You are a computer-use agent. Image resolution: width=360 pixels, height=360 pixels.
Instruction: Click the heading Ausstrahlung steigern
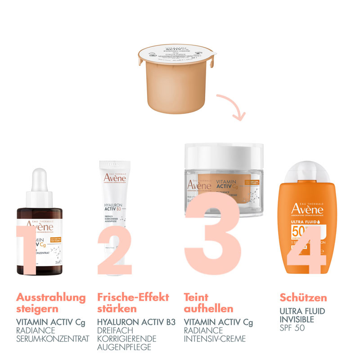(x=50, y=303)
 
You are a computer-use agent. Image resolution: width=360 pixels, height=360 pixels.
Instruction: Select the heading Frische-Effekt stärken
(x=133, y=303)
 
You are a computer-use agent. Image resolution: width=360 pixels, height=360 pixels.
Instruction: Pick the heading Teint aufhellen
(x=208, y=303)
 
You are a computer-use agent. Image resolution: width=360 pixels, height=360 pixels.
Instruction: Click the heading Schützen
(x=303, y=297)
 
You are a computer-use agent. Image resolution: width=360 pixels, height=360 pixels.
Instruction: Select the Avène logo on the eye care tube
(x=115, y=177)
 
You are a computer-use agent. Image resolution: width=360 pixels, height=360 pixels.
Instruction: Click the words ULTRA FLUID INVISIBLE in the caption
(x=302, y=315)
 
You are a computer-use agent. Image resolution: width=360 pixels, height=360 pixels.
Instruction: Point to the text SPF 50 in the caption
(x=292, y=328)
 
